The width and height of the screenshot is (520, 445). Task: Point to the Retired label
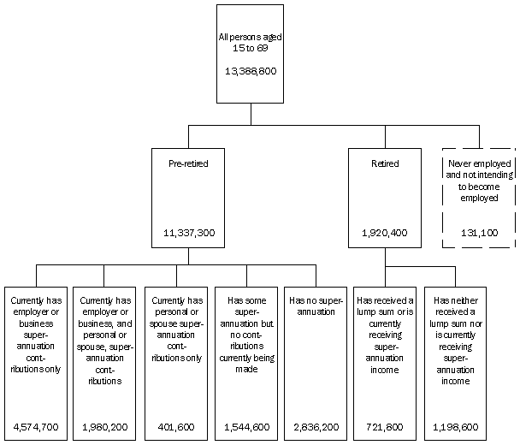(x=385, y=163)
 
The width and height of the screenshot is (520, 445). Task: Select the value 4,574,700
(x=36, y=424)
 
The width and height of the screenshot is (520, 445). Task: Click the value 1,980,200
(x=104, y=424)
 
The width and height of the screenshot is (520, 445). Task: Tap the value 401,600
(x=178, y=424)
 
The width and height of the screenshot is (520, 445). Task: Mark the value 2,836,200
(x=316, y=424)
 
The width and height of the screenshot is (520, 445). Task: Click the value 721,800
(x=385, y=424)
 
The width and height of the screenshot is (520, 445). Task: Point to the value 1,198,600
(x=456, y=424)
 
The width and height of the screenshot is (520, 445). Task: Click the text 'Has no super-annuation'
(x=316, y=306)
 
